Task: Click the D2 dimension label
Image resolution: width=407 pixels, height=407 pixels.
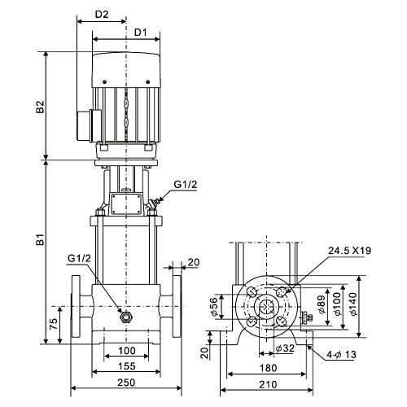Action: coord(102,14)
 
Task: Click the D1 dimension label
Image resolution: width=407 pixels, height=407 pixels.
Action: coord(141,33)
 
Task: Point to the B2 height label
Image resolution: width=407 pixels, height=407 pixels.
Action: coord(40,107)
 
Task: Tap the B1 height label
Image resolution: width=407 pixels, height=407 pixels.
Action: coord(40,239)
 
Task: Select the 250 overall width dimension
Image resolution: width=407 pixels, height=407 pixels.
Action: coord(126,383)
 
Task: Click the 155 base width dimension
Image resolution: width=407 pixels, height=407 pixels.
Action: coord(127,366)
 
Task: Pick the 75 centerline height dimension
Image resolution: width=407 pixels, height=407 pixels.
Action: coord(54,324)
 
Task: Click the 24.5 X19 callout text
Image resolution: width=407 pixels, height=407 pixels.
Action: coord(349,251)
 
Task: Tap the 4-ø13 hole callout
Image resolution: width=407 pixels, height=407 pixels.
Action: coord(341,354)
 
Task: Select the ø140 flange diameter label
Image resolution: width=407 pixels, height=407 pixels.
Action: coord(353,304)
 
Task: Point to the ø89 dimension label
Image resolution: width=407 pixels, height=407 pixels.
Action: coord(322,304)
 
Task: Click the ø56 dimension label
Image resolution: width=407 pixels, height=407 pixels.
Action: coord(214,307)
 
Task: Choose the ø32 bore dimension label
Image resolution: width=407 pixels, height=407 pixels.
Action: coord(285,348)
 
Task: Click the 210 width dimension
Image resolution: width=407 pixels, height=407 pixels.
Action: coord(268,384)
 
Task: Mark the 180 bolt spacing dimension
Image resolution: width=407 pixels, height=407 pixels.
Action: coord(268,368)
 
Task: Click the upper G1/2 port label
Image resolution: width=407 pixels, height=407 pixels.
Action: coord(186,185)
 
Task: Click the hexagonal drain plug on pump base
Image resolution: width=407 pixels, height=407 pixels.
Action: coord(126,317)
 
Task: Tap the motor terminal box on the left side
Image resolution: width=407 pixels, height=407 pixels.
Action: coord(89,125)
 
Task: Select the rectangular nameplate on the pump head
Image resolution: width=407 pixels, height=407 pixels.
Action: coord(126,204)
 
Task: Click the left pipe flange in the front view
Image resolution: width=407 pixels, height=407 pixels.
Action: coord(76,307)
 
